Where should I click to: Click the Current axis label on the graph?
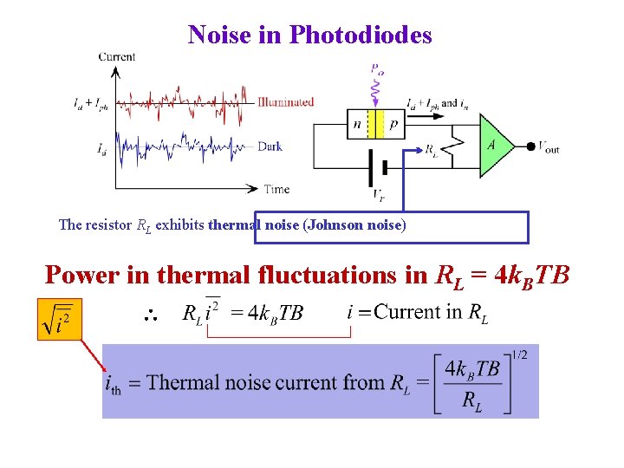pos(116,57)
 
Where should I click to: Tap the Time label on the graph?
pos(277,189)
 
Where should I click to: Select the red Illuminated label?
pos(285,101)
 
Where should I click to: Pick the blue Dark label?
pos(270,146)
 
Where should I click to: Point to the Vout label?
pos(549,147)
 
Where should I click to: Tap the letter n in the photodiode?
pos(357,125)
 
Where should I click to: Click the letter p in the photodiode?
pos(394,125)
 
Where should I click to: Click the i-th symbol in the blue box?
pos(113,384)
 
